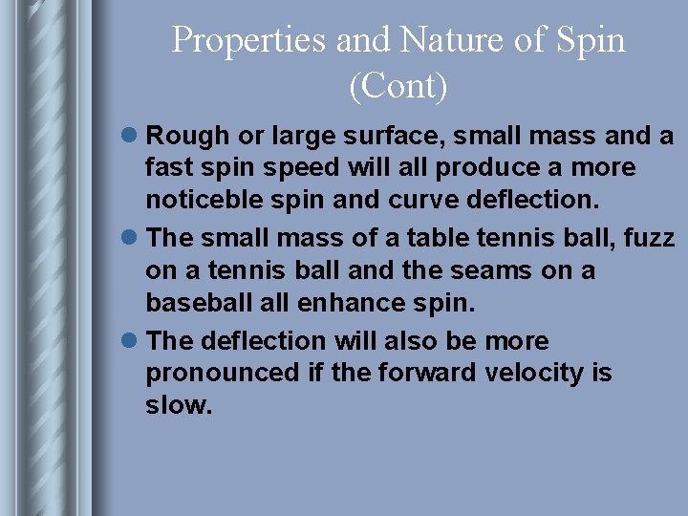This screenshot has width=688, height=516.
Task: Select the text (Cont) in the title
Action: pos(398,86)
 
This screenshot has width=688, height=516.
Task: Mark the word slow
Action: pos(178,405)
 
